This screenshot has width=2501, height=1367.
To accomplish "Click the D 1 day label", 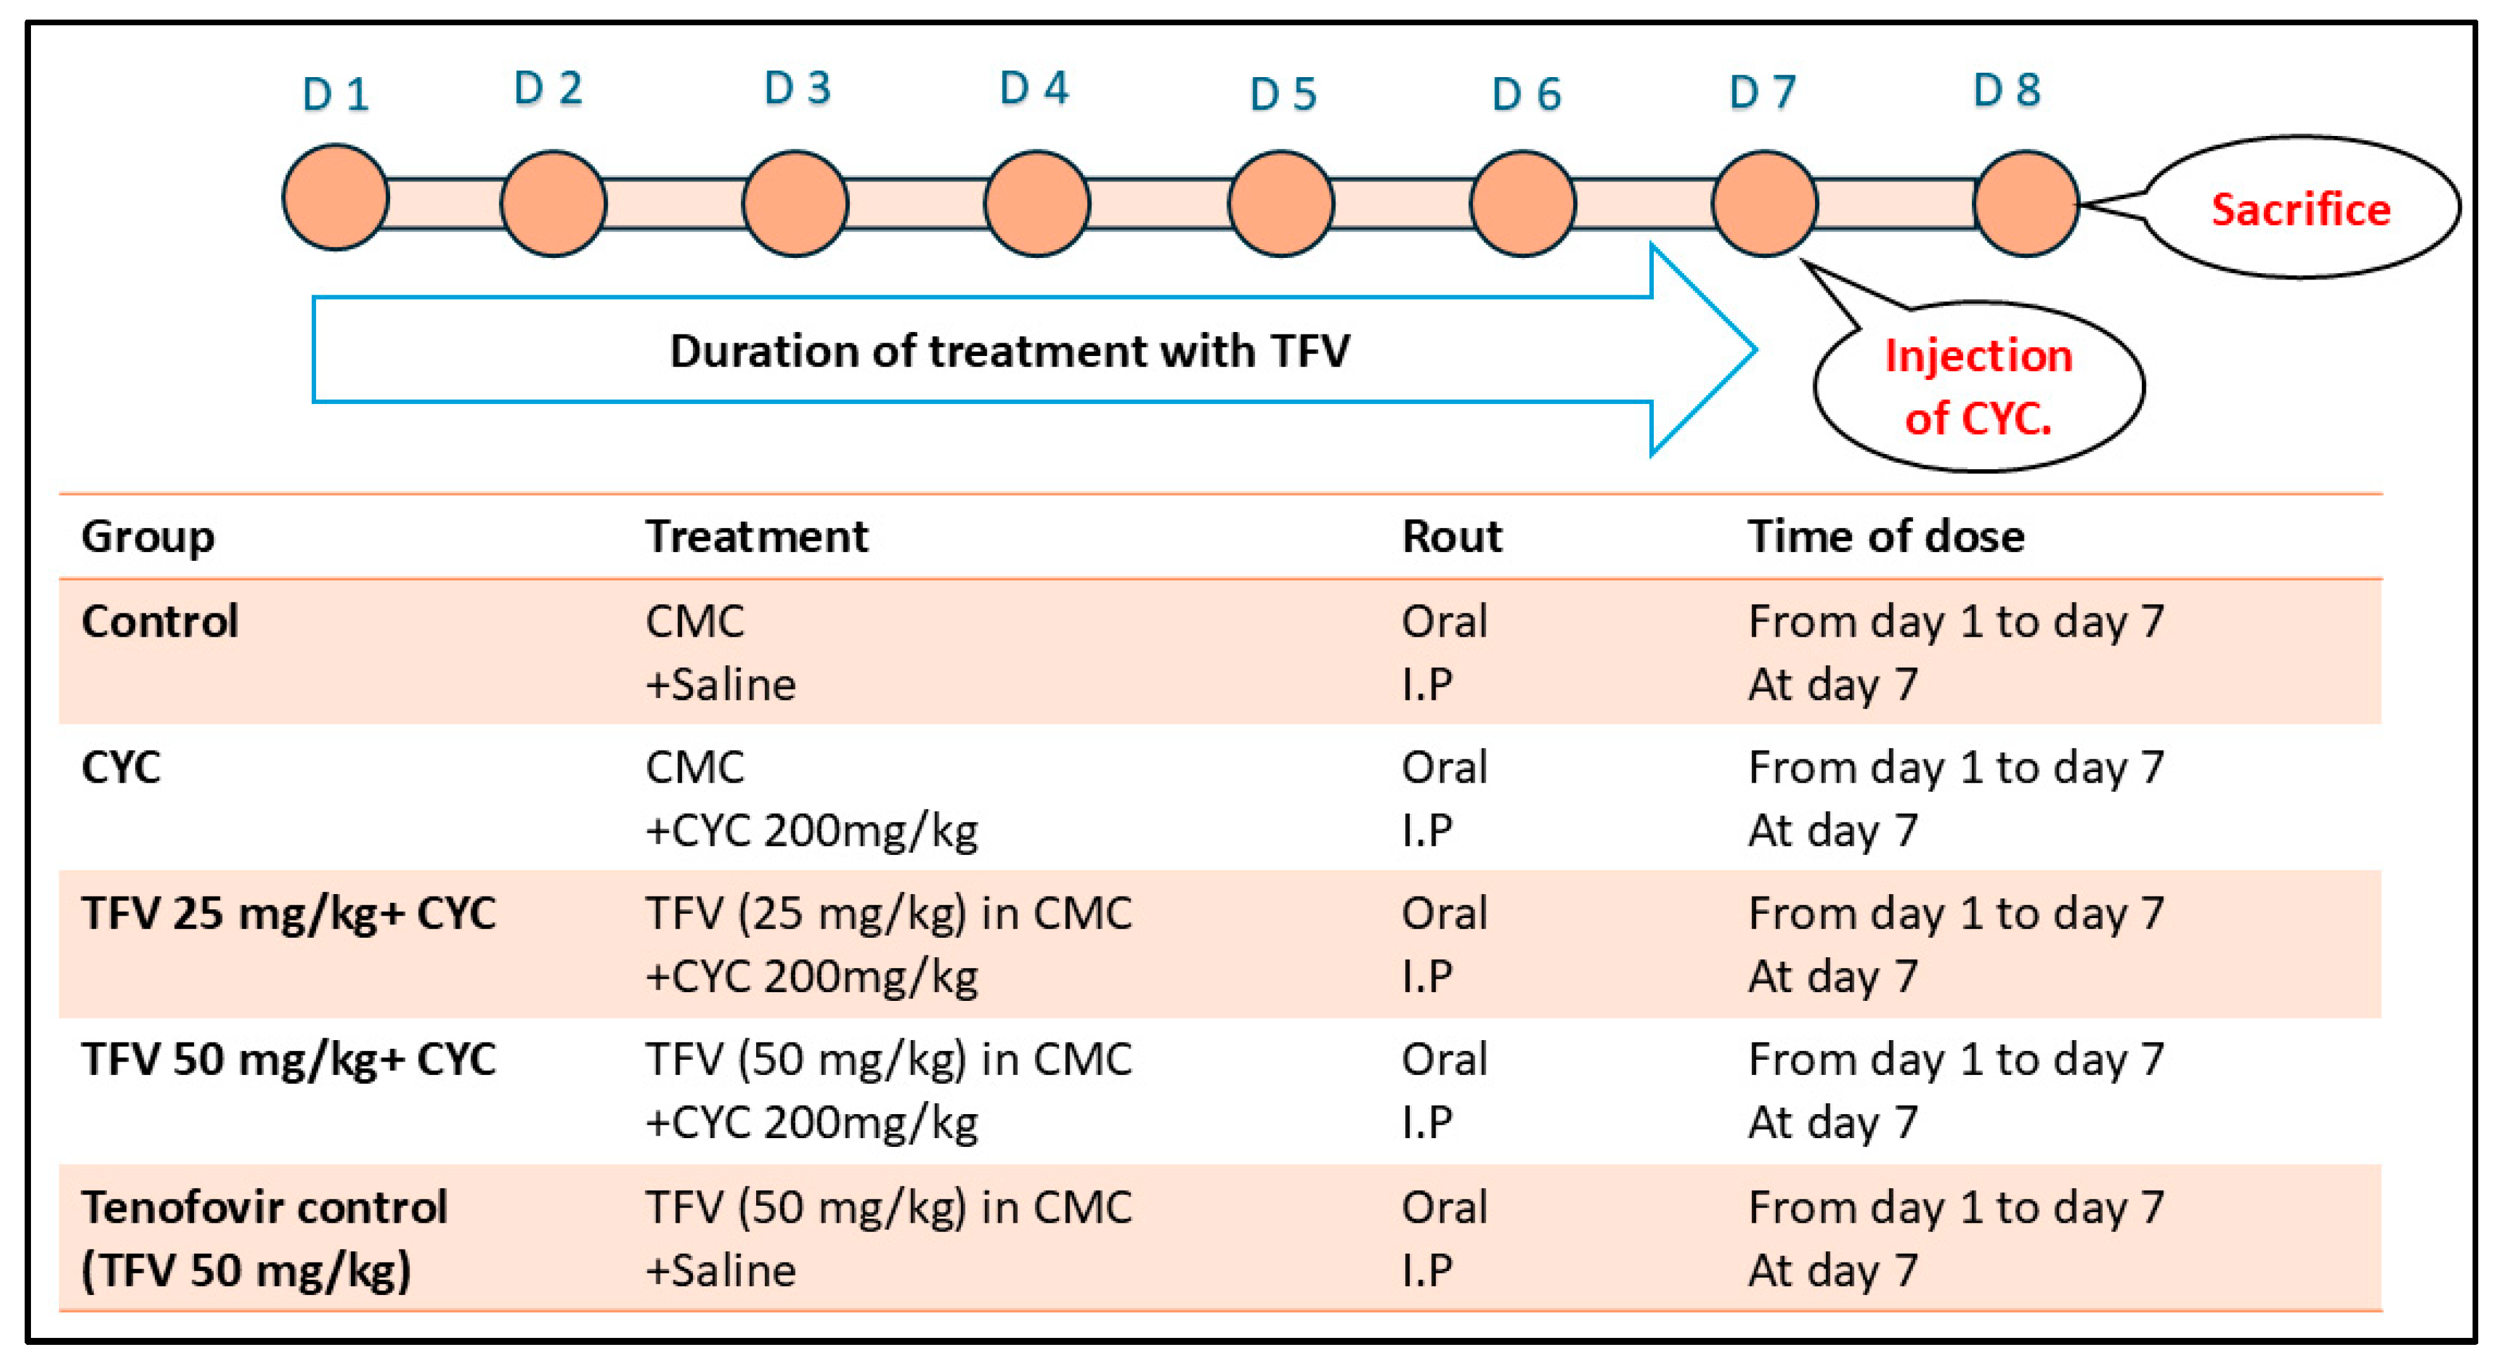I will point(335,94).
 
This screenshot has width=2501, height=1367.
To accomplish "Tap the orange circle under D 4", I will point(1037,203).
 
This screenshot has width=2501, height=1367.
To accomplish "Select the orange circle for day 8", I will point(2026,203).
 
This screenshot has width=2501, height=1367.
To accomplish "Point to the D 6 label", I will point(1526,94).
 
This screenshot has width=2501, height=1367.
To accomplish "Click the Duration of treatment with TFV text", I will point(1009,350).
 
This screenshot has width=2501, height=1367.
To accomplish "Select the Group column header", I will point(147,536).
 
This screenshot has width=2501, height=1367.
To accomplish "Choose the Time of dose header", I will point(1885,536).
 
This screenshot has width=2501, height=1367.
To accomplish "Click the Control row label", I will point(159,622).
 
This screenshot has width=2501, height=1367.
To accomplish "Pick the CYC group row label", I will point(120,767).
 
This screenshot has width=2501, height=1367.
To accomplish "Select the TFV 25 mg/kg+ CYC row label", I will point(288,914).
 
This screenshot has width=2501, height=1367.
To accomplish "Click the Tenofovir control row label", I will point(264,1208).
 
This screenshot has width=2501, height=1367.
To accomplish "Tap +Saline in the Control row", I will point(721,685).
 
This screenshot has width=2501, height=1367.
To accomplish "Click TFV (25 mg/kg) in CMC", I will point(888,914).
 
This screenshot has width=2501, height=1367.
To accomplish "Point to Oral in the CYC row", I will point(1444,767).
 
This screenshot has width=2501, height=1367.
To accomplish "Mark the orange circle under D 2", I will point(553,203).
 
